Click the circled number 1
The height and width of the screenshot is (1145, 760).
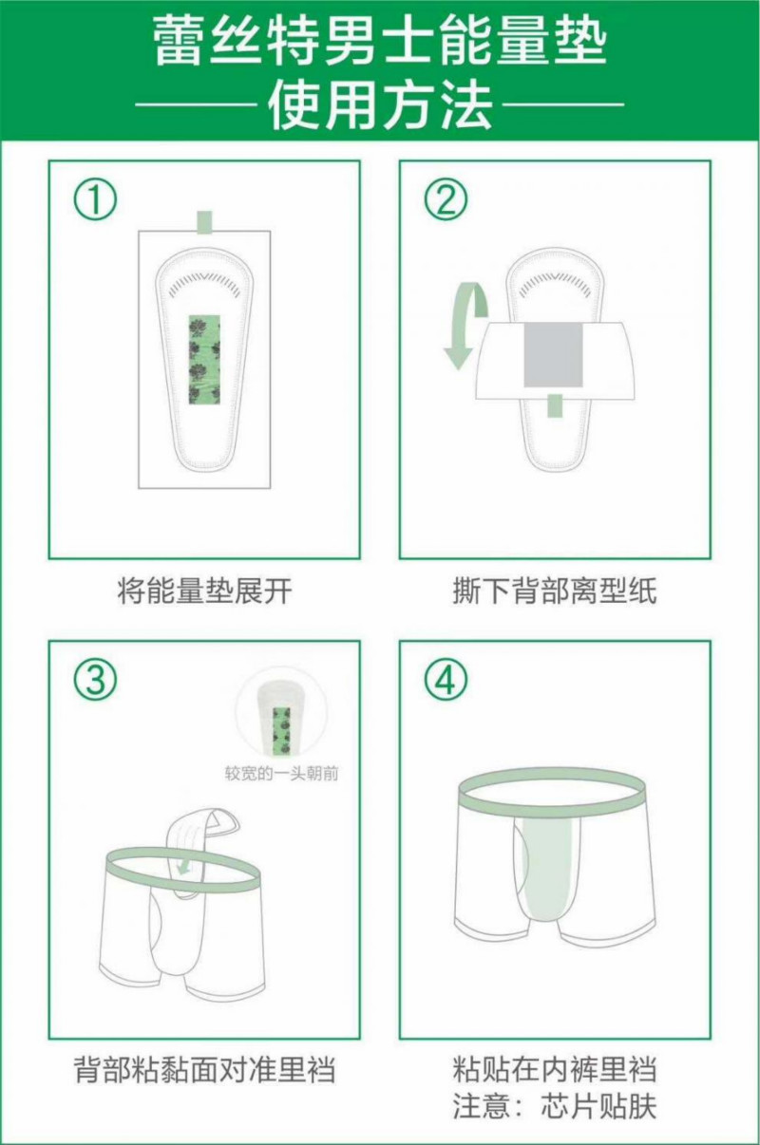pos(96,198)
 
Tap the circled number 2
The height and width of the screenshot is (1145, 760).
pos(446,198)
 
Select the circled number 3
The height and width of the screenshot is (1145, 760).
pos(96,680)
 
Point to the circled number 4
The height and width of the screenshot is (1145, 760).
pos(446,680)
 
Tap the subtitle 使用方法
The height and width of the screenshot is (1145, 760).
pos(380,105)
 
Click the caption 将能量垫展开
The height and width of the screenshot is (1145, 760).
pos(204,591)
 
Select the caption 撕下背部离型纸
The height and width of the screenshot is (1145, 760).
pos(555,591)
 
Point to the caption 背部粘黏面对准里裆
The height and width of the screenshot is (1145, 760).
pos(204,1068)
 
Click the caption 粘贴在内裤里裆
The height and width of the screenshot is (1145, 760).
pos(555,1068)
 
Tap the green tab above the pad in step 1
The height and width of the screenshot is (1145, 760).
pos(204,223)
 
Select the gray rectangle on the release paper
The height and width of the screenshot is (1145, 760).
pos(554,354)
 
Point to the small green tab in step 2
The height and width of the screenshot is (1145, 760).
pos(554,404)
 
